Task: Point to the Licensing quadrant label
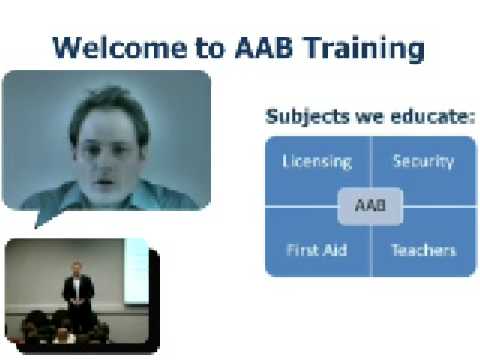click(317, 161)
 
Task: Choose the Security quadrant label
click(423, 161)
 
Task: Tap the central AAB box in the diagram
click(370, 207)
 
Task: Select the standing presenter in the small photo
click(78, 290)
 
